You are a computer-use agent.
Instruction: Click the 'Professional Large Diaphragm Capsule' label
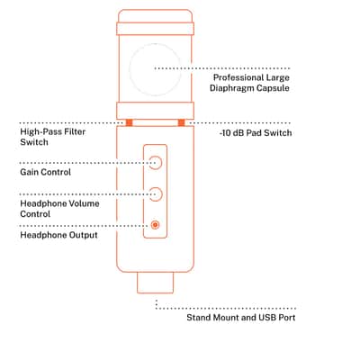click(249, 83)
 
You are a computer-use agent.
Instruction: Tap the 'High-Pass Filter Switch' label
click(53, 137)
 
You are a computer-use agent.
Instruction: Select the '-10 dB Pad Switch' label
click(256, 133)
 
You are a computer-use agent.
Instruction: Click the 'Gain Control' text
click(46, 172)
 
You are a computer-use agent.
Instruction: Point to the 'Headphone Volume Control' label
click(59, 209)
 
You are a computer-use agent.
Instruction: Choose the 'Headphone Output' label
click(58, 235)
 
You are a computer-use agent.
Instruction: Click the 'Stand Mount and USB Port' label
click(241, 318)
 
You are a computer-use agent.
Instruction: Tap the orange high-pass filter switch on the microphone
click(129, 122)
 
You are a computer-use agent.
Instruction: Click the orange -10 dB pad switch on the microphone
click(181, 122)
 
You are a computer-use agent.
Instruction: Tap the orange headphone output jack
click(155, 225)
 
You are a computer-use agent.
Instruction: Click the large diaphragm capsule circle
click(130, 69)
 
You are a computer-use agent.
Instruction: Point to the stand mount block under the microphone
click(155, 283)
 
